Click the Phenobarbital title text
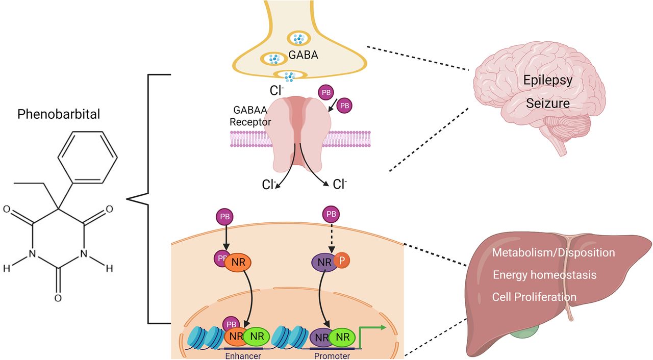(59, 114)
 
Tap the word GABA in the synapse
(303, 55)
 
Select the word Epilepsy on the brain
(548, 81)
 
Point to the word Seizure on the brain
(548, 104)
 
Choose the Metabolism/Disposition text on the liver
(554, 252)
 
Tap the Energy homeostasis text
(544, 275)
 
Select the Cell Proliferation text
(534, 297)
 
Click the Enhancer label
(243, 355)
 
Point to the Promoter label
(332, 355)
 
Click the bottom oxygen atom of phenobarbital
(58, 297)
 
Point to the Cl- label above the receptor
(277, 90)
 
